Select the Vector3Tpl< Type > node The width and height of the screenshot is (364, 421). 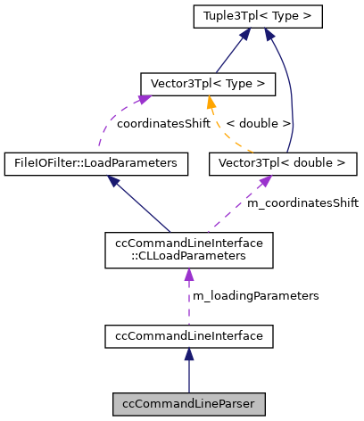(207, 84)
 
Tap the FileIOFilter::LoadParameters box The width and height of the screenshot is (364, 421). (96, 163)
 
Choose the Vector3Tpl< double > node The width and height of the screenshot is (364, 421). (282, 163)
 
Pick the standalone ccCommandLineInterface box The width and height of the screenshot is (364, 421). (188, 335)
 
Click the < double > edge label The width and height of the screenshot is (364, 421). (258, 123)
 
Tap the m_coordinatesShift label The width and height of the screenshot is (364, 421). (302, 203)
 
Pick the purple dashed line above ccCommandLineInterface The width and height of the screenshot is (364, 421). (188, 299)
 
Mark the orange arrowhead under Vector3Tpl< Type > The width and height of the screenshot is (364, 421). (209, 102)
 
